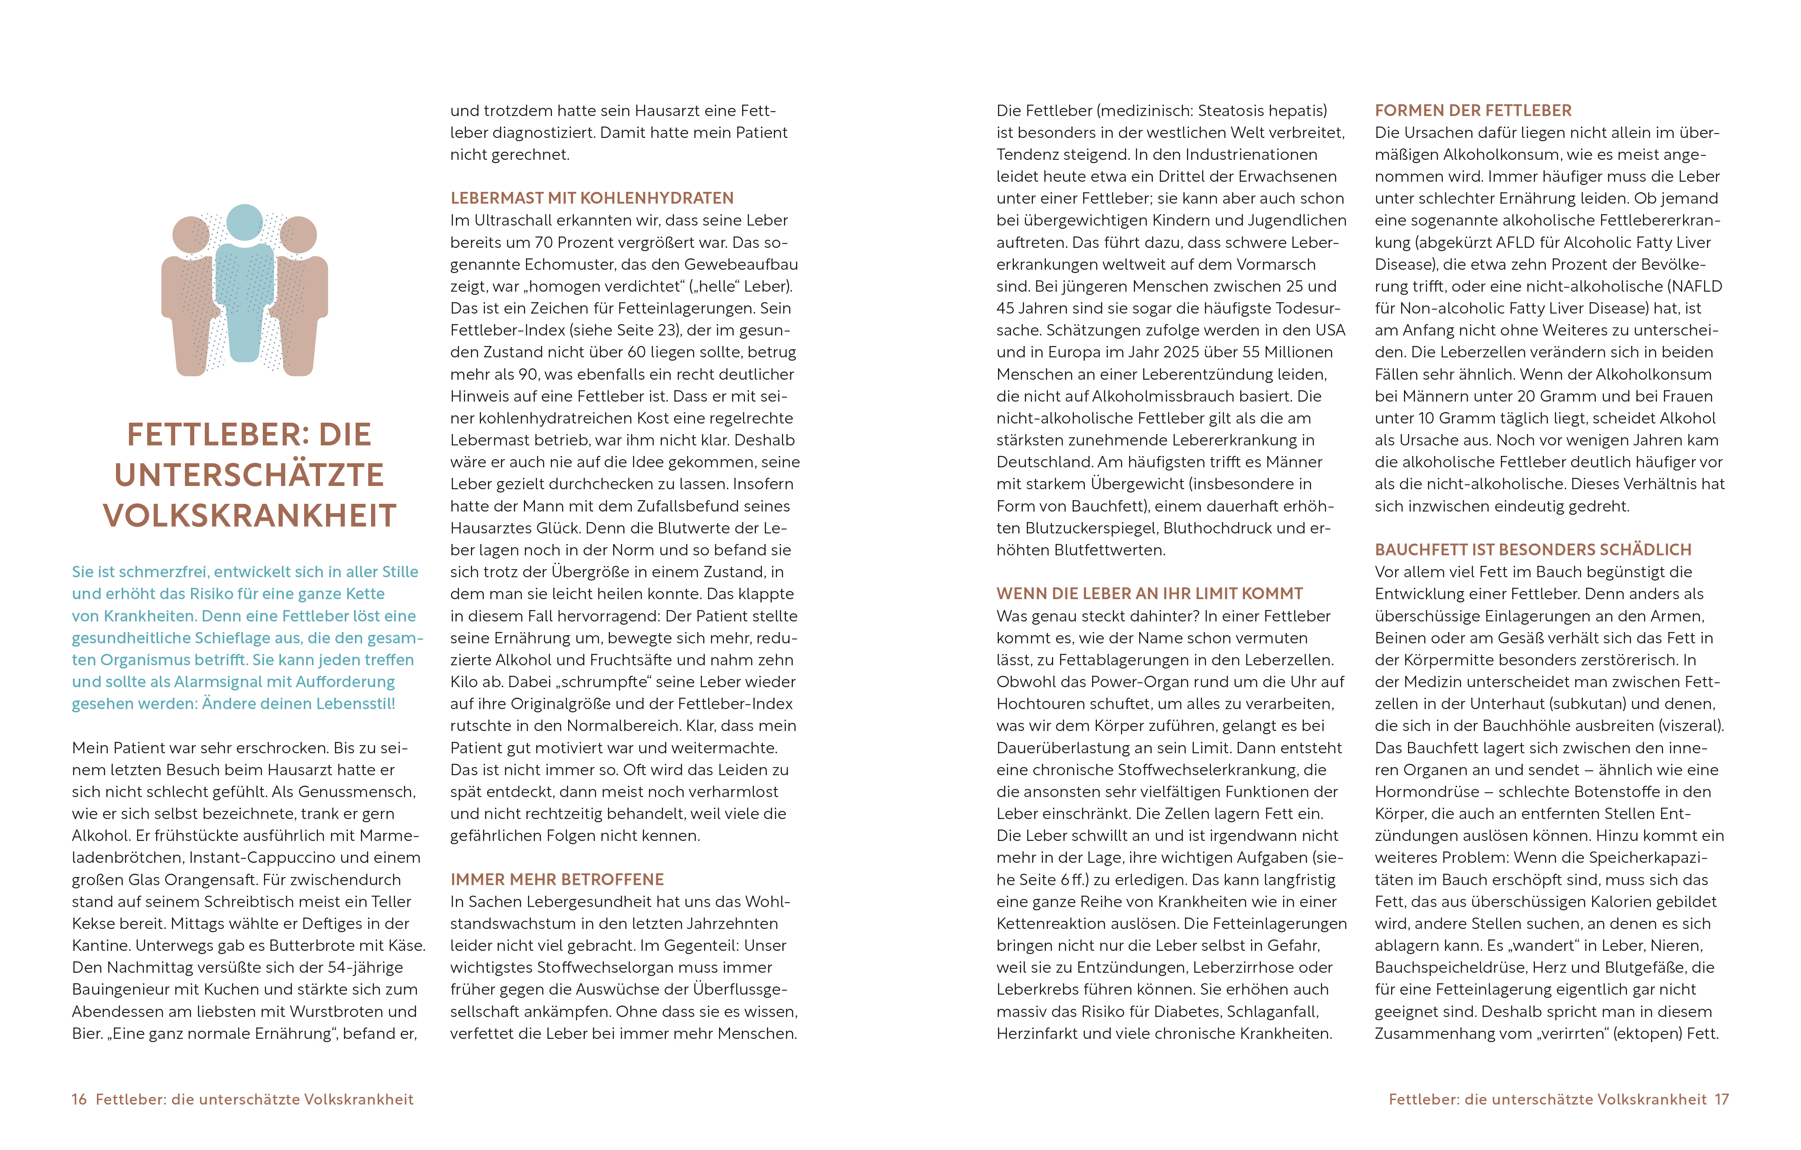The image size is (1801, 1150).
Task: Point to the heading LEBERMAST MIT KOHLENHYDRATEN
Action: [x=592, y=198]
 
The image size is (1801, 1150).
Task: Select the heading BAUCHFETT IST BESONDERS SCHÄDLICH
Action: [x=1533, y=550]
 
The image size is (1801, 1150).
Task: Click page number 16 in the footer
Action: [x=79, y=1099]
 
